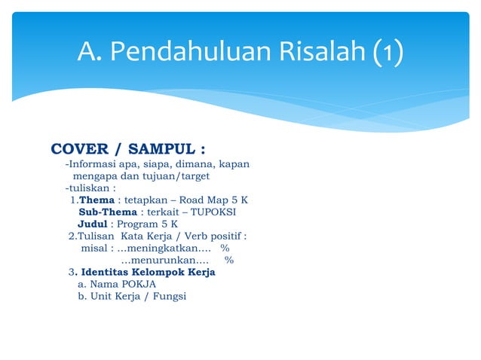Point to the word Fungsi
point(168,296)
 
